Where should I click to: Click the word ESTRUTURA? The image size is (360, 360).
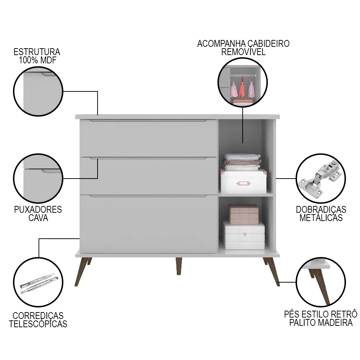(x=37, y=52)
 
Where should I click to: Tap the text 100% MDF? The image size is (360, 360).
(x=37, y=60)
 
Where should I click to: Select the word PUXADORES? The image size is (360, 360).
(x=38, y=210)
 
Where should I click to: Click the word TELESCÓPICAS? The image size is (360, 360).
(x=38, y=324)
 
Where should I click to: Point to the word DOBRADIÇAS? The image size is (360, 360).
(x=321, y=210)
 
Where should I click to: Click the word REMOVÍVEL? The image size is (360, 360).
(x=243, y=51)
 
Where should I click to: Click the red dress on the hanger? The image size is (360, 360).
(x=242, y=88)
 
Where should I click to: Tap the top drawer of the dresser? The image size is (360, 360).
(x=148, y=138)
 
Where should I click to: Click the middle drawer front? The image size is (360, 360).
(x=148, y=176)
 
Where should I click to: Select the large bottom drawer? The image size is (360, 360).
(x=148, y=224)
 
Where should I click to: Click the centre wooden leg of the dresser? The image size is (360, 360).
(x=179, y=266)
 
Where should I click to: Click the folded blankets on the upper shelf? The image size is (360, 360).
(x=242, y=161)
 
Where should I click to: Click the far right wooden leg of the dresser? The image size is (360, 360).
(x=272, y=272)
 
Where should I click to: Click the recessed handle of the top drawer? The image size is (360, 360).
(x=148, y=121)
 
